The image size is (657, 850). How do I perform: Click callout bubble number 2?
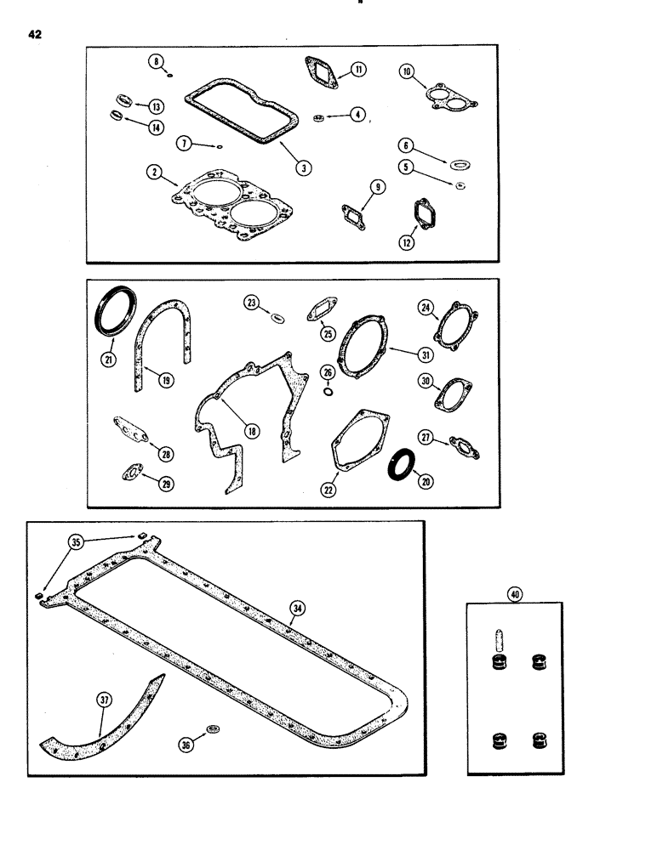154,173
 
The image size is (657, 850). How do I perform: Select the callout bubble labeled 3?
301,167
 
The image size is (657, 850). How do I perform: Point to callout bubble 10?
406,73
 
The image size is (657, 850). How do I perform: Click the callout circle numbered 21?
107,360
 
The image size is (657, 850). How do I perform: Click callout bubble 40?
514,596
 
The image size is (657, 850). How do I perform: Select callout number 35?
77,541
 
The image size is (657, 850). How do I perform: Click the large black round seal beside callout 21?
113,314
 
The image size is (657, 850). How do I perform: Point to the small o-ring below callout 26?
328,392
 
